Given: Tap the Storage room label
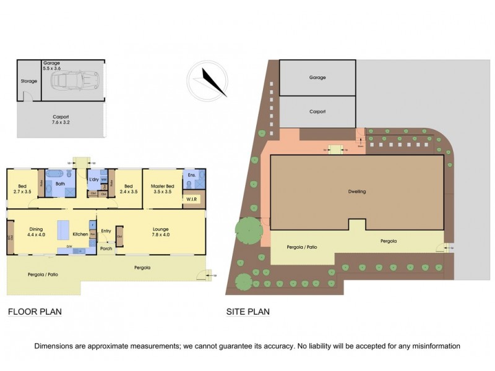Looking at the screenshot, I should click(x=28, y=80).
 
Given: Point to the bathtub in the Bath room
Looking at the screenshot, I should click(x=55, y=175).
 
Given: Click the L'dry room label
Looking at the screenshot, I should click(x=94, y=179).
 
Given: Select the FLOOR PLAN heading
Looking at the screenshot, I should click(x=35, y=312).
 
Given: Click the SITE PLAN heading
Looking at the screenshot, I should click(x=247, y=312).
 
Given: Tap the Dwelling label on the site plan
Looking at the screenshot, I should click(x=356, y=192).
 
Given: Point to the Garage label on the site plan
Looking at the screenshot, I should click(x=317, y=78).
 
